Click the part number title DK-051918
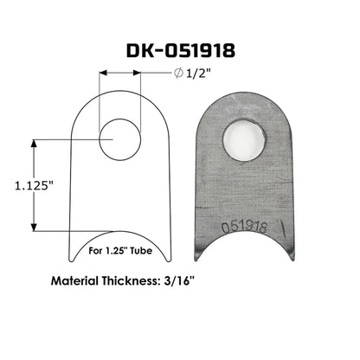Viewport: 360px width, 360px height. pyautogui.click(x=180, y=51)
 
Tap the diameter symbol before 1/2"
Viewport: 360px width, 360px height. pyautogui.click(x=177, y=74)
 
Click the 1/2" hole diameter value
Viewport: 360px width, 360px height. pyautogui.click(x=197, y=74)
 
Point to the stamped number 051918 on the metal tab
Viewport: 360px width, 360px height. pyautogui.click(x=244, y=228)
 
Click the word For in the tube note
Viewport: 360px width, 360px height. pyautogui.click(x=96, y=254)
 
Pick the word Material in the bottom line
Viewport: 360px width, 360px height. pyautogui.click(x=80, y=281)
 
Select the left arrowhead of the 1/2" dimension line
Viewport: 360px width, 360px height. pyautogui.click(x=103, y=74)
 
